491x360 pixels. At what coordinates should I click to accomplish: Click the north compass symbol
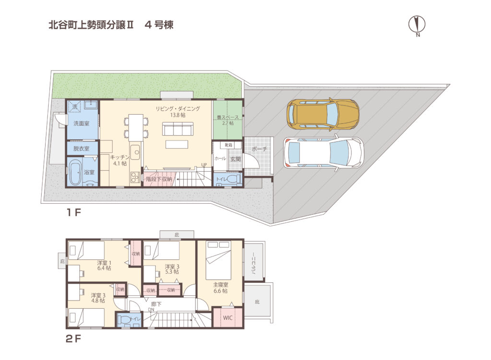(418, 24)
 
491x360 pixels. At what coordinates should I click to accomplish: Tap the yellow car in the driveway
(323, 114)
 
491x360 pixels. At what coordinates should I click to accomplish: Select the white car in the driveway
(323, 153)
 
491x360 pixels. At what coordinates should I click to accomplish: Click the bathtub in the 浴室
(76, 173)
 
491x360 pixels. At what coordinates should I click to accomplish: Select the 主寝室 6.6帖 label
(221, 288)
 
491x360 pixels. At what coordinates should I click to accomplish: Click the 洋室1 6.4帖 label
(104, 266)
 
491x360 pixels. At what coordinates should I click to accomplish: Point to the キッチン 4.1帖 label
(118, 160)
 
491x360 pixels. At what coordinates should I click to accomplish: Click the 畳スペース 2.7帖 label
(228, 120)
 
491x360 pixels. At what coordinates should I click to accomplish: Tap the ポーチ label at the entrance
(258, 149)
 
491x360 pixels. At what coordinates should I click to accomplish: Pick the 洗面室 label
(81, 123)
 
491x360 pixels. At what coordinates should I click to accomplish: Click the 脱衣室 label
(81, 149)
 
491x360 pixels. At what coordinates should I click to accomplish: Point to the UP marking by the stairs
(204, 165)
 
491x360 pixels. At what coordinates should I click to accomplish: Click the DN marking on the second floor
(151, 310)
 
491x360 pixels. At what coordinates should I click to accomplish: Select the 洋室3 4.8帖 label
(98, 298)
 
